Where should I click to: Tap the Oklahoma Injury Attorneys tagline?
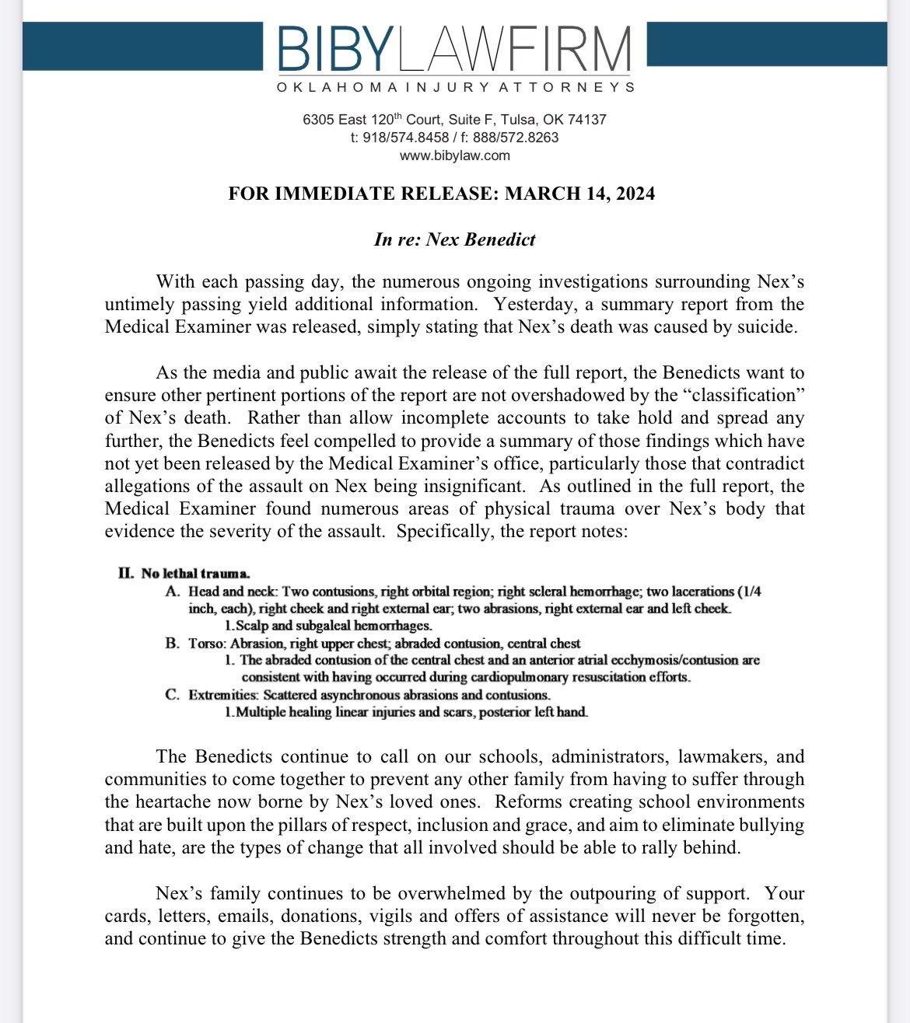(455, 87)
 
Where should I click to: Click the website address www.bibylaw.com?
(455, 155)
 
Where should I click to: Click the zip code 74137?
(589, 120)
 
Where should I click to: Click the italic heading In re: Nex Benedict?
(455, 239)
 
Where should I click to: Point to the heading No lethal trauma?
(195, 574)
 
